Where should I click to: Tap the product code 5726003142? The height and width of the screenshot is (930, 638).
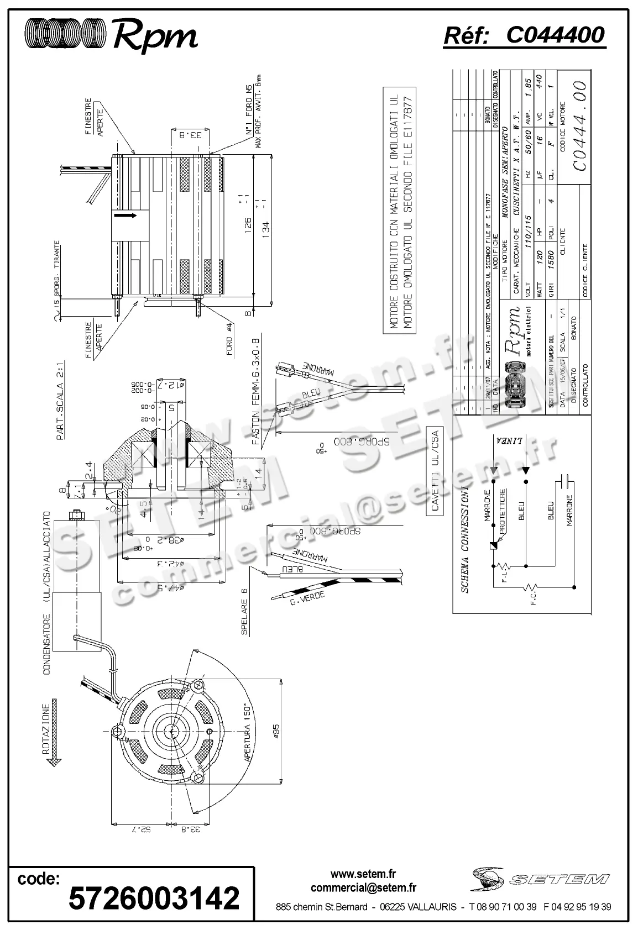(154, 897)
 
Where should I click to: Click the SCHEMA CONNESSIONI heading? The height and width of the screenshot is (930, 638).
(465, 540)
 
